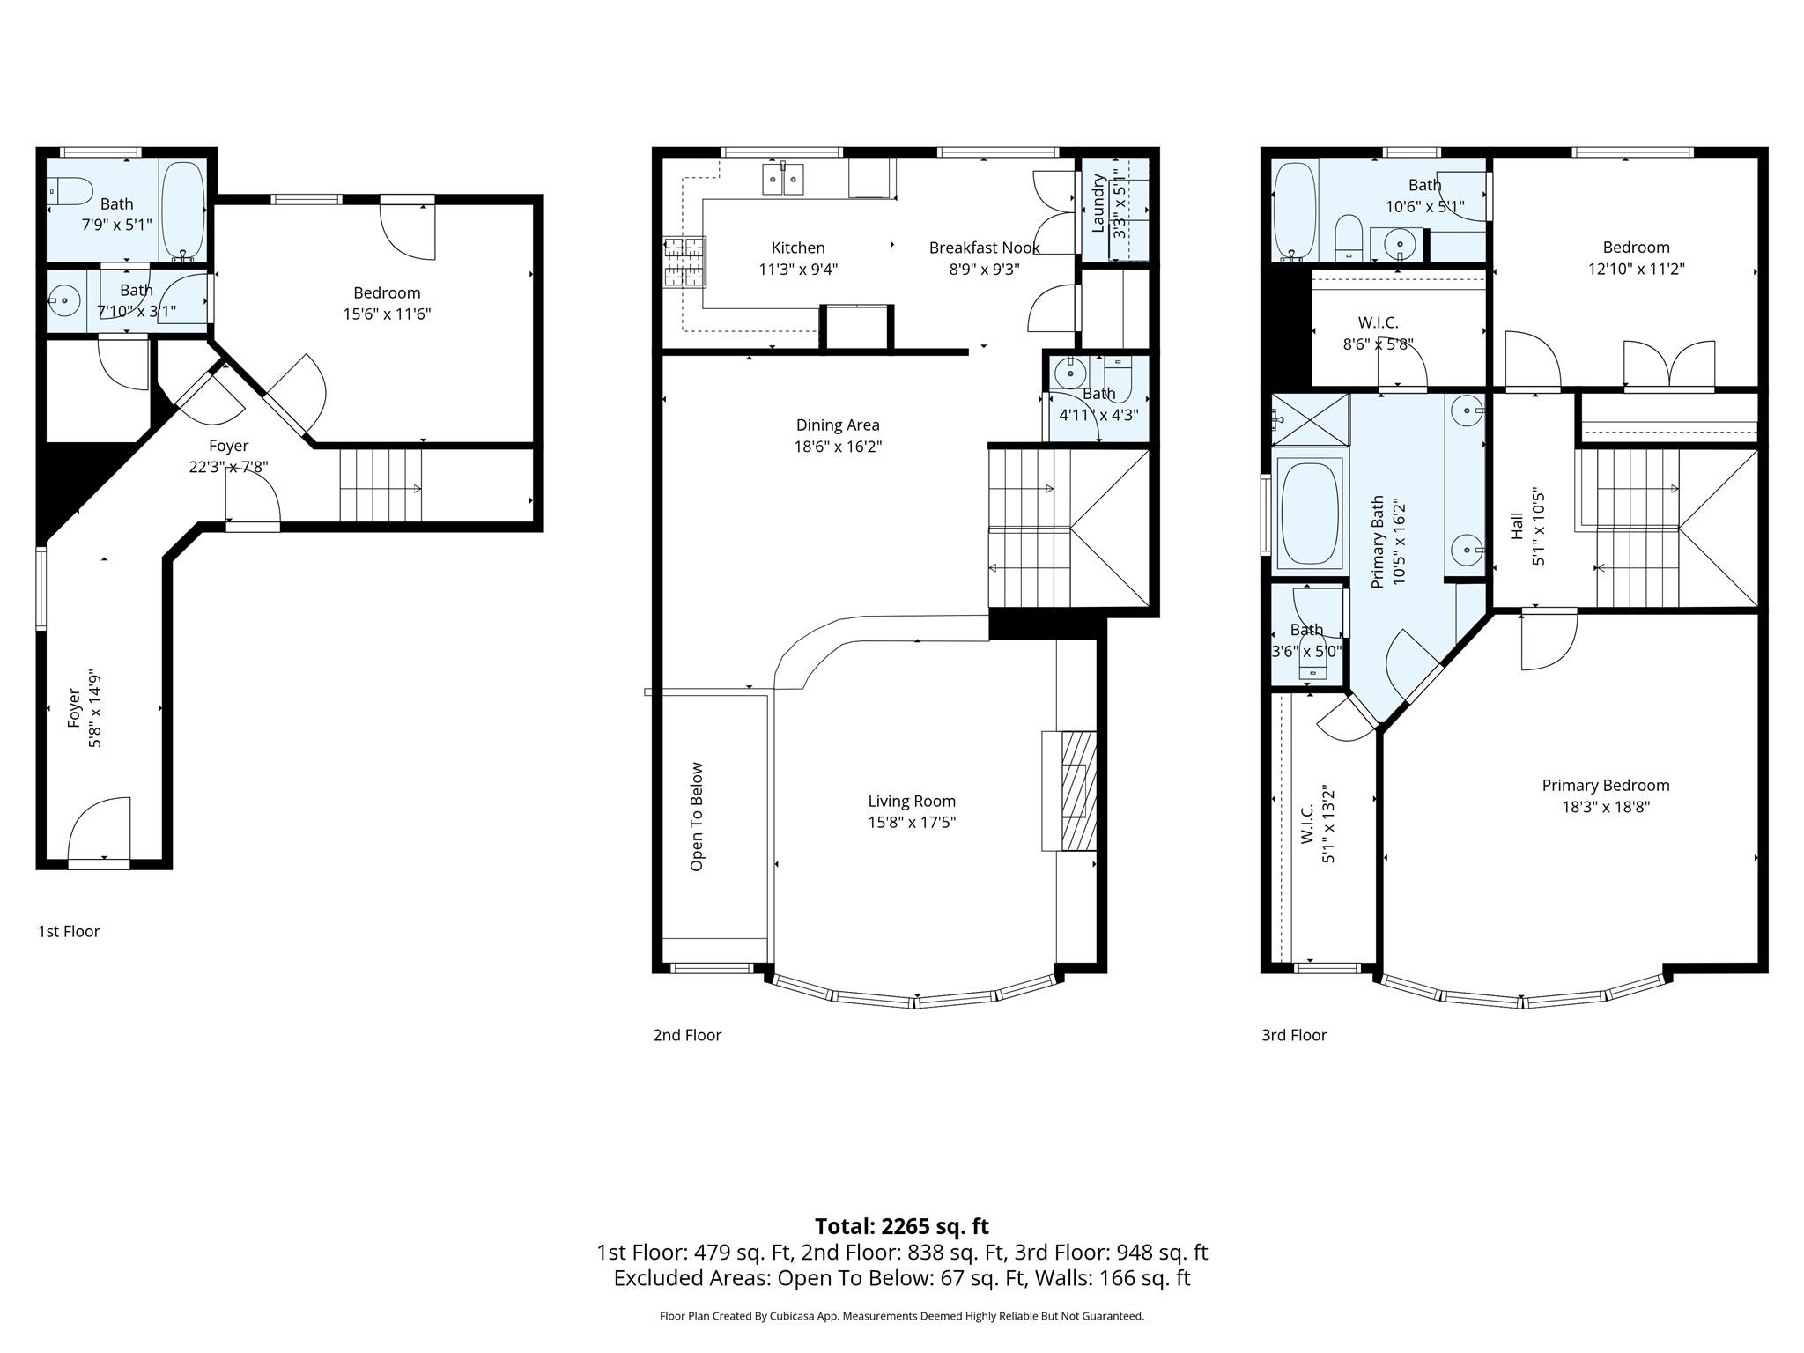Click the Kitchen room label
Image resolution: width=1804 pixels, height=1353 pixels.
coord(798,248)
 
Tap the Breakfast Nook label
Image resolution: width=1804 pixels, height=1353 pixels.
coord(984,248)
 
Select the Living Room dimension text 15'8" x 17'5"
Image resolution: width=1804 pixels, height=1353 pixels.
coord(912,823)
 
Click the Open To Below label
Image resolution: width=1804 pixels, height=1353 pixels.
coord(697,817)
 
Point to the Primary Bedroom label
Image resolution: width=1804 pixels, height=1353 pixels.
coord(1606,786)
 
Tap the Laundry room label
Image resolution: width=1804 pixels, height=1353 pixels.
coord(1098,203)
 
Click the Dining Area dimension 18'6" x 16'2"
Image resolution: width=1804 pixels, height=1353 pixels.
coord(838,447)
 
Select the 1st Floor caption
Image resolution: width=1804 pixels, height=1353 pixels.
coord(69,931)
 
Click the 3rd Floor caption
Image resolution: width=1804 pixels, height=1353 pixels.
coord(1294,1035)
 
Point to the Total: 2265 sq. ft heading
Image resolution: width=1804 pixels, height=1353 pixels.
coord(902,1226)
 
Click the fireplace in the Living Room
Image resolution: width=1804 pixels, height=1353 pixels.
coord(1069,791)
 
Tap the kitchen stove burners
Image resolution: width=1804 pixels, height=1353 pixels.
coord(684,262)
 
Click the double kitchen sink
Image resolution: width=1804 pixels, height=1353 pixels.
coord(783,179)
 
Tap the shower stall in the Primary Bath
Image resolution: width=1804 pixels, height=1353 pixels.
coord(1310,420)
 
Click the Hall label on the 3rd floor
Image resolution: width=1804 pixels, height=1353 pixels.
coord(1517,527)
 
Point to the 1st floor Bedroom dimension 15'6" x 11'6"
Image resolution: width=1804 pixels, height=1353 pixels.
coord(387,314)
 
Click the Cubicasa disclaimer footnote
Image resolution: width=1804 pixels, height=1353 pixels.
coord(902,1316)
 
